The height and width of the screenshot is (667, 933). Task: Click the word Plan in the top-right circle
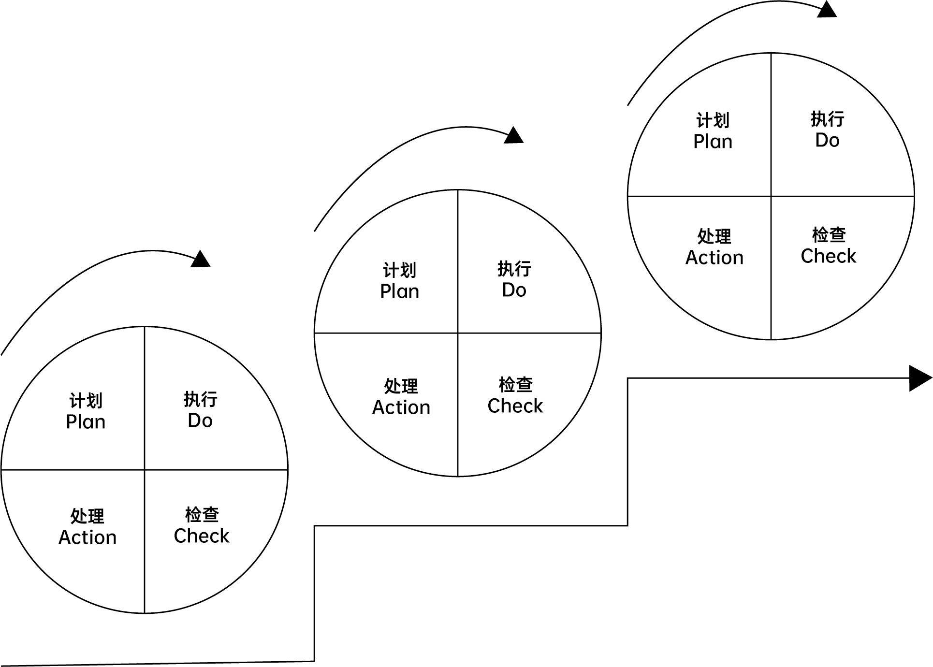(x=713, y=142)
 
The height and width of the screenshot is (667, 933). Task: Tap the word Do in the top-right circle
(x=827, y=140)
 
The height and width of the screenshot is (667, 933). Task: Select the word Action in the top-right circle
(x=714, y=258)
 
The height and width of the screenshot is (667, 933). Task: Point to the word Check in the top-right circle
(x=828, y=256)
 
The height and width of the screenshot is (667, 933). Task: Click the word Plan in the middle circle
(x=399, y=291)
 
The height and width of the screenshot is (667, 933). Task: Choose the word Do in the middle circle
(x=514, y=290)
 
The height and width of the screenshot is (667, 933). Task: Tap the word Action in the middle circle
(x=401, y=407)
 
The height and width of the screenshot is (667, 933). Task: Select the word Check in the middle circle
(x=515, y=406)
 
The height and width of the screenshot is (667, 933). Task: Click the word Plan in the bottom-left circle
(x=86, y=422)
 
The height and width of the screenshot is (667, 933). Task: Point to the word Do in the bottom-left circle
(x=200, y=420)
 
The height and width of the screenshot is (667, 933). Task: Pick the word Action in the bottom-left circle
(x=87, y=537)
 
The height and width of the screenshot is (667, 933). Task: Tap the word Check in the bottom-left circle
(x=201, y=536)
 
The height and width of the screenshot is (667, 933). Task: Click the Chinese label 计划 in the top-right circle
(x=713, y=120)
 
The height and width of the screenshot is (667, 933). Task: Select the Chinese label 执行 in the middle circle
(x=514, y=269)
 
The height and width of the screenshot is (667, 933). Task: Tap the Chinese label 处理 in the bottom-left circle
(x=87, y=516)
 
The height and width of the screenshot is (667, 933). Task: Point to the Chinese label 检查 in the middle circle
(x=515, y=385)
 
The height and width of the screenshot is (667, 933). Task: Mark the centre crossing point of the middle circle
(x=458, y=333)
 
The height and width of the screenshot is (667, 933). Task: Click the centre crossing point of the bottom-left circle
(x=145, y=470)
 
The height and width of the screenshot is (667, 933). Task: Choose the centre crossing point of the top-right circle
(x=771, y=196)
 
